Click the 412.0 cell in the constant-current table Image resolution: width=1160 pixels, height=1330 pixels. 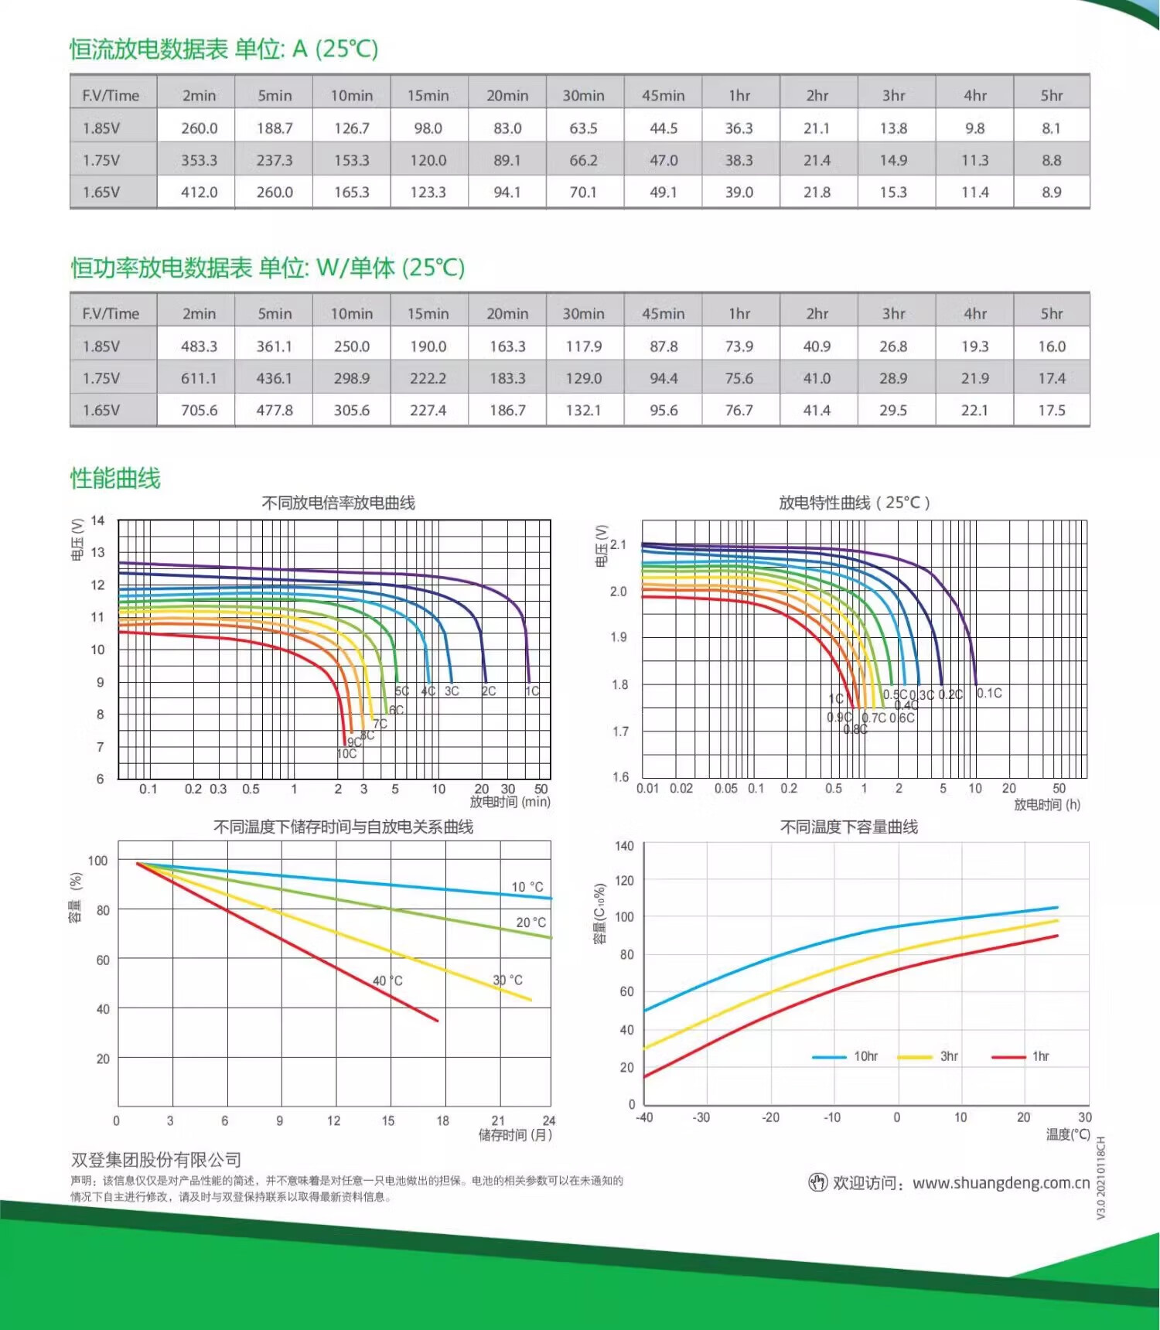[x=199, y=193]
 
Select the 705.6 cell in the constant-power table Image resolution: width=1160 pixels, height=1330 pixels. [x=199, y=411]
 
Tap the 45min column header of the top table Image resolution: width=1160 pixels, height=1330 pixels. [x=663, y=96]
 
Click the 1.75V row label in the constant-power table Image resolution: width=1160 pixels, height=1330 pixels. [x=101, y=379]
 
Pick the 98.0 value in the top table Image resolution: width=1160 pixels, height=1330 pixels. [x=428, y=128]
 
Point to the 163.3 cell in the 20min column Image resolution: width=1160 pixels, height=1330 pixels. [x=507, y=346]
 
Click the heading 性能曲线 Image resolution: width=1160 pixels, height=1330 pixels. [x=115, y=479]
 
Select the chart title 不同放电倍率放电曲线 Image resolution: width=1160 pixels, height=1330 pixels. [x=338, y=503]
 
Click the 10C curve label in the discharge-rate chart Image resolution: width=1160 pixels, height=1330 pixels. [x=346, y=754]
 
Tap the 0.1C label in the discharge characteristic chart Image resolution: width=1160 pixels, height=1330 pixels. [x=989, y=694]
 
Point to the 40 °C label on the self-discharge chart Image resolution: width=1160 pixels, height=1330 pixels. [x=387, y=980]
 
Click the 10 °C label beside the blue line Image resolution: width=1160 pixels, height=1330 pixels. [x=527, y=887]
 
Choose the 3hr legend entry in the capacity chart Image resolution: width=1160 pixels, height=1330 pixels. [x=949, y=1056]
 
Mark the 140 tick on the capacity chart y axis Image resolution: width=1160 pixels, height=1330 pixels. [x=624, y=846]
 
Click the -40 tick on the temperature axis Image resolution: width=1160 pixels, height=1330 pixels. [x=643, y=1117]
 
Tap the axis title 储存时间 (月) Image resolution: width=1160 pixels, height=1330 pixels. [x=515, y=1135]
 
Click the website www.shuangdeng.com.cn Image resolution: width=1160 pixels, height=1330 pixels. [x=1001, y=1183]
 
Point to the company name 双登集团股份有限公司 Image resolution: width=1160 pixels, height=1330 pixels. [x=156, y=1160]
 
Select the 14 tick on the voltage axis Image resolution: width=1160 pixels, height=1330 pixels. [x=97, y=520]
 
